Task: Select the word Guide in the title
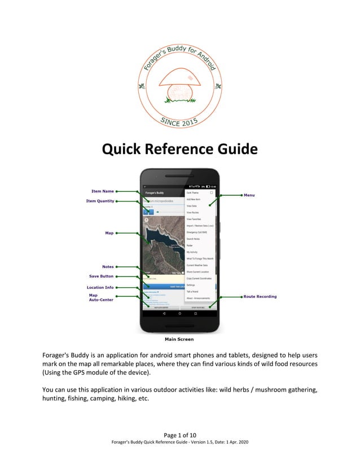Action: coord(234,150)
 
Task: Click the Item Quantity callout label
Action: coord(99,200)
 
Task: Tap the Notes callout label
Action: coord(107,266)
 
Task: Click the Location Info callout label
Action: coord(100,287)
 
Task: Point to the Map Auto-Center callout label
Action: coord(100,297)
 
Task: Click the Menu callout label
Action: coord(249,195)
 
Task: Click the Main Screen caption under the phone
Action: coord(179,339)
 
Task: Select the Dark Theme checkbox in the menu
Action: coord(212,192)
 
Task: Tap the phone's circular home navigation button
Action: coord(179,312)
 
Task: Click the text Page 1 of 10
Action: coord(179,434)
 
